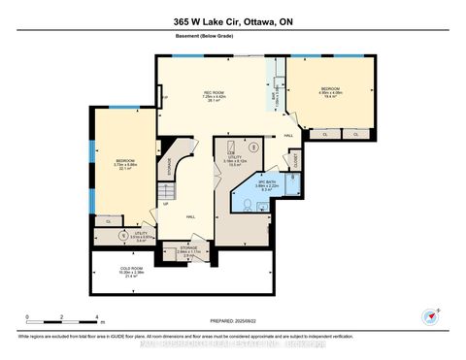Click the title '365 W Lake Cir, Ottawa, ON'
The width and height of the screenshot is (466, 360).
(232, 13)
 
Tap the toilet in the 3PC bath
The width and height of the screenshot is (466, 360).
(245, 201)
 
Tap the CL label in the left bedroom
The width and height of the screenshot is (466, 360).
(108, 222)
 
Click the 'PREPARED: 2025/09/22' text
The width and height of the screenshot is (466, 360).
(232, 323)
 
